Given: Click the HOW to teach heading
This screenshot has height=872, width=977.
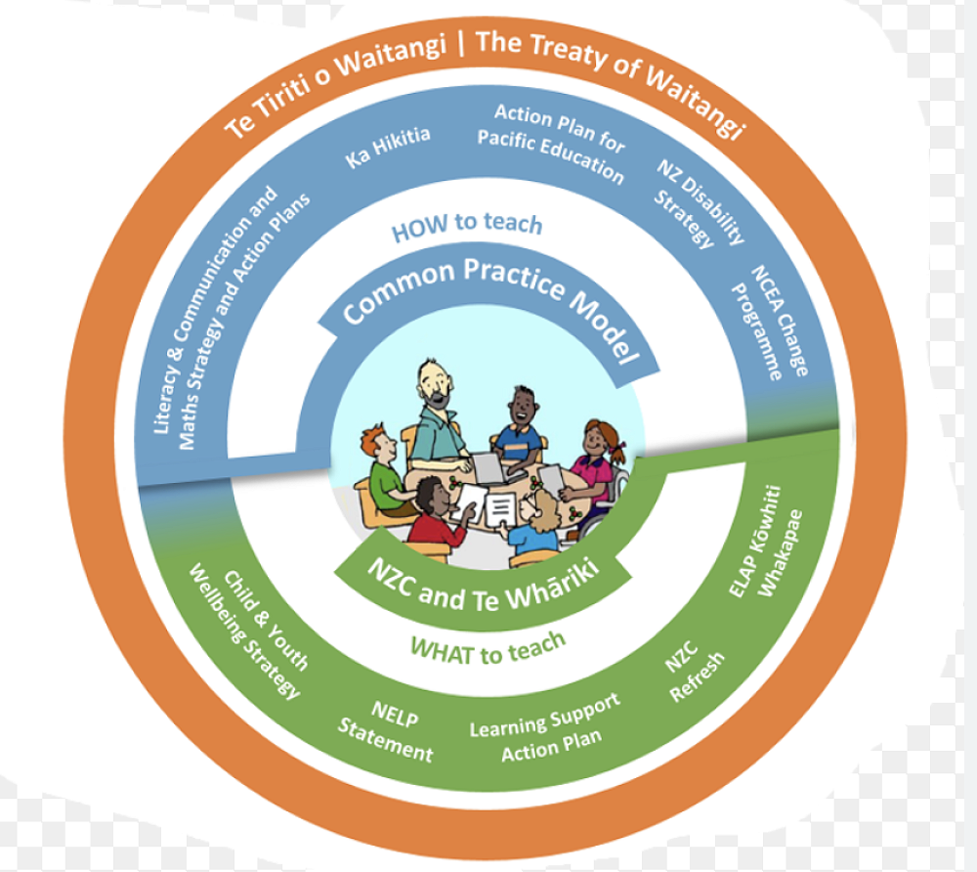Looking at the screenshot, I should click(467, 227).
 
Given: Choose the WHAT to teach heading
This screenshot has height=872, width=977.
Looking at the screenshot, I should click(488, 647).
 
